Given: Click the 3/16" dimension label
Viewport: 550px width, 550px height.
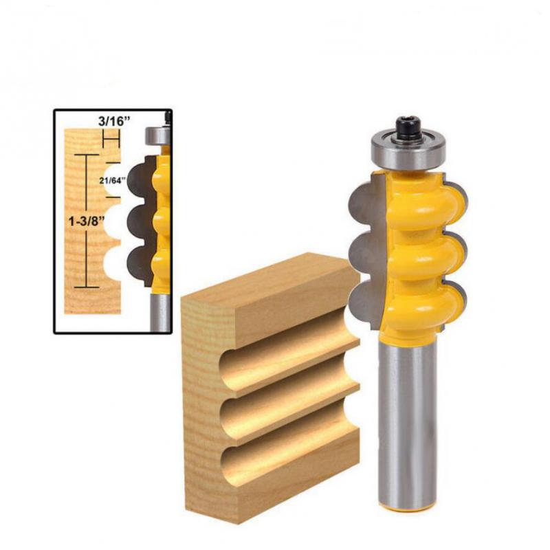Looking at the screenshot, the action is point(114,122).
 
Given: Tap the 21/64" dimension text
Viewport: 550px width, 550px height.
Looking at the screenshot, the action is point(112,180).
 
